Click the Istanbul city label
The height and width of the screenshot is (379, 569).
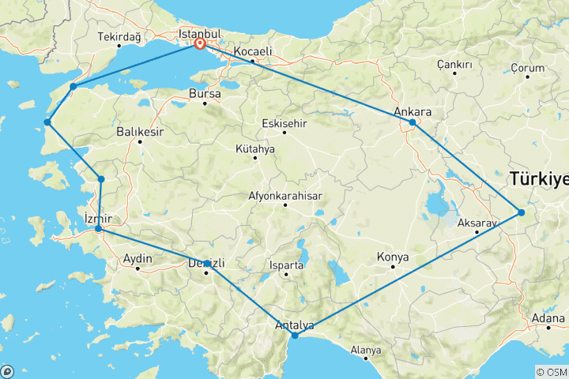coord(198,35)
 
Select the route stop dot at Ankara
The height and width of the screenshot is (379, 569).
coord(413,123)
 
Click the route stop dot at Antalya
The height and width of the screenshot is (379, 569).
coord(295,336)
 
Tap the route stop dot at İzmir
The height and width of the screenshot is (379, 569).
coord(98,229)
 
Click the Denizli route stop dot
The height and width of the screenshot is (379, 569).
coord(207,264)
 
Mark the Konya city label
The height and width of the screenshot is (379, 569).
coord(393,256)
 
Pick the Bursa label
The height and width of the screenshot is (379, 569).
coord(204,93)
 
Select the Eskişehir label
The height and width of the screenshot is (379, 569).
coord(284,122)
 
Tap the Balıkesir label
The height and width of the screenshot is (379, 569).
coord(139,132)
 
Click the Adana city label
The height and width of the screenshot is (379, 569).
coord(548,318)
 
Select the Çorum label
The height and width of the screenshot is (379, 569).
coord(528,68)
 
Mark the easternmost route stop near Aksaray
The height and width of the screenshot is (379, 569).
coord(521,212)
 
